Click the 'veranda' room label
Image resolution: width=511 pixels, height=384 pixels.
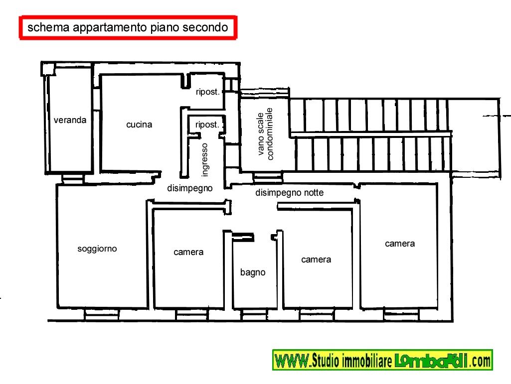coord(70,120)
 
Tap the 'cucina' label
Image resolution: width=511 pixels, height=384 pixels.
coord(139,125)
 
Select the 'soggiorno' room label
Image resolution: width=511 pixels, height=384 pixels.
coord(97,249)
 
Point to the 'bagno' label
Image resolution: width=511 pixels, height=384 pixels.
coord(253,272)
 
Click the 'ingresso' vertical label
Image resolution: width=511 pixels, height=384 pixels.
coord(205,160)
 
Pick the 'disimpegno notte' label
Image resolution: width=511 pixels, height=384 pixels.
coord(289,193)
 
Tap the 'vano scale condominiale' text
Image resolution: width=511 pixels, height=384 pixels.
coord(265,134)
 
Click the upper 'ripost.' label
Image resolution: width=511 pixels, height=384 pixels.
coord(207,92)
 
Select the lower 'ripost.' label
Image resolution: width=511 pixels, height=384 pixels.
coord(207,125)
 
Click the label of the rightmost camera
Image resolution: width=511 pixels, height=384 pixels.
coord(400,244)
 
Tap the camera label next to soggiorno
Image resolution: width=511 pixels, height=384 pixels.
coord(188,252)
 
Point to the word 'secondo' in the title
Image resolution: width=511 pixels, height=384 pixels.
coord(205,27)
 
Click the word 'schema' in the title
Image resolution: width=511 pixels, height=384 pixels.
coord(48,27)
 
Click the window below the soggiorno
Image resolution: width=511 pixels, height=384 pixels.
coord(102,314)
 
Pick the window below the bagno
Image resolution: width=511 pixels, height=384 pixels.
coord(254,315)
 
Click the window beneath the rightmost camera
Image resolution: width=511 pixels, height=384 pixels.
coord(401,315)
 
